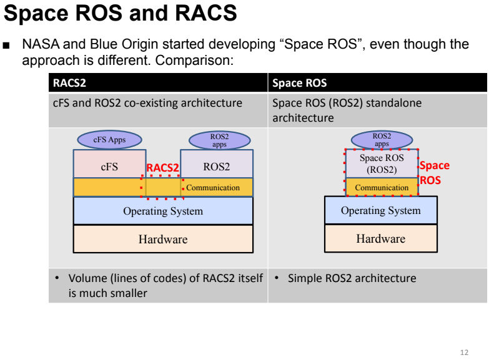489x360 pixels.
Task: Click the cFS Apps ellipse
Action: tap(109, 140)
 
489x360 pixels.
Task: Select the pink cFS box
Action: tap(109, 164)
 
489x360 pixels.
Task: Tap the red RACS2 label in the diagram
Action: tap(162, 168)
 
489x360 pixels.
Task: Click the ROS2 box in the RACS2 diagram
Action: tap(217, 164)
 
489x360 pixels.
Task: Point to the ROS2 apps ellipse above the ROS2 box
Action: tap(220, 140)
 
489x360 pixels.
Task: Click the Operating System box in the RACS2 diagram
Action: tap(163, 211)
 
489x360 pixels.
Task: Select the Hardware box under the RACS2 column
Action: tap(163, 239)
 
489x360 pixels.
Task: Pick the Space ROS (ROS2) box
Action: tap(382, 163)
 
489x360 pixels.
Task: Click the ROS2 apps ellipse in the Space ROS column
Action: tap(382, 140)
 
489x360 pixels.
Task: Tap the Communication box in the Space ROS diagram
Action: tap(382, 187)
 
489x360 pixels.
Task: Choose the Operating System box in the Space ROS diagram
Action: tap(381, 210)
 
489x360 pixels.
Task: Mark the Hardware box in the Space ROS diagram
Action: tap(381, 238)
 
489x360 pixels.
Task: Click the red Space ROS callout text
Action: tap(435, 173)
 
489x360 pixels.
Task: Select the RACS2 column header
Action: tap(69, 83)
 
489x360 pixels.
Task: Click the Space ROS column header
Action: tap(299, 83)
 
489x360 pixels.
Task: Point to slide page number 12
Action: tap(464, 353)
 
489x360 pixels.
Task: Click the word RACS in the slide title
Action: tap(206, 12)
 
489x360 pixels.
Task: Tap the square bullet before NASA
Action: tap(6, 46)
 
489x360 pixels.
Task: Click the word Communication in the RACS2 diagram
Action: tap(213, 188)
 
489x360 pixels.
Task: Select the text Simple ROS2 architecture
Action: tap(352, 278)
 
